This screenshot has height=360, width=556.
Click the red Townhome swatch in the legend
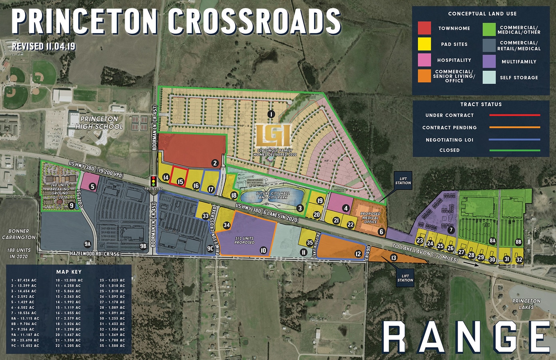point(424,28)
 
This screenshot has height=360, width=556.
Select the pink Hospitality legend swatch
point(424,60)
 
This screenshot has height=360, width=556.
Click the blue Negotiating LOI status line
point(514,140)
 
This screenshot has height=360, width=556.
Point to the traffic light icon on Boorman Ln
point(153,180)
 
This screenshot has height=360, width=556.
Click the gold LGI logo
point(274,136)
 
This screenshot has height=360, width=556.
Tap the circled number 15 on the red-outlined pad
point(180,182)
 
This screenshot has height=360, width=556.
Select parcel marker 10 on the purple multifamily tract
point(263,251)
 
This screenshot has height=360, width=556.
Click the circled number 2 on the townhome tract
point(215,163)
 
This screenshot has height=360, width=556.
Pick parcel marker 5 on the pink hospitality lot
point(92,186)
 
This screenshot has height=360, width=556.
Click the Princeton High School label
point(99,123)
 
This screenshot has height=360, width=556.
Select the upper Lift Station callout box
point(403,180)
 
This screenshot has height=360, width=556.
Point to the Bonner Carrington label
point(18,234)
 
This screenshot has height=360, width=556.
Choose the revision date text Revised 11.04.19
point(44,46)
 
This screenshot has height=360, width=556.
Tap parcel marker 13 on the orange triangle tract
point(394,258)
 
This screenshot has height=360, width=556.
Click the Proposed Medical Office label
point(370,218)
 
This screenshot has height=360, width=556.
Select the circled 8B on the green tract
point(518,242)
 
